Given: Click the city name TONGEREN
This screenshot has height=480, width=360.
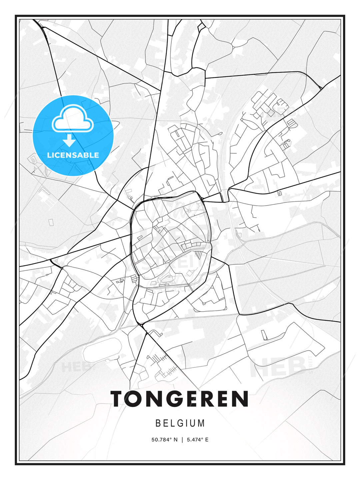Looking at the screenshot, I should pyautogui.click(x=180, y=399).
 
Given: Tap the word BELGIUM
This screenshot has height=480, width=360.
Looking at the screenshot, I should pyautogui.click(x=180, y=423).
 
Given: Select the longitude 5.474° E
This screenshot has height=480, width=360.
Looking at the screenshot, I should pyautogui.click(x=198, y=440).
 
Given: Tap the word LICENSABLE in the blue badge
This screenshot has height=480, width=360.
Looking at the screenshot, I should pyautogui.click(x=73, y=155).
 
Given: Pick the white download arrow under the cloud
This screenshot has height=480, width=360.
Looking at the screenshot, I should pyautogui.click(x=69, y=141).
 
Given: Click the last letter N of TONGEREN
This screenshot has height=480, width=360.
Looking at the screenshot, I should pyautogui.click(x=240, y=399).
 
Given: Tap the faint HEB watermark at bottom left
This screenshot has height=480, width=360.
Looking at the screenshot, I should pyautogui.click(x=72, y=367).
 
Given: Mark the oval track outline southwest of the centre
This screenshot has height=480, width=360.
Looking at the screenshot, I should pyautogui.click(x=103, y=350).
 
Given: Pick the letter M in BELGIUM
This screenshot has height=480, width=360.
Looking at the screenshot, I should pyautogui.click(x=201, y=423).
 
